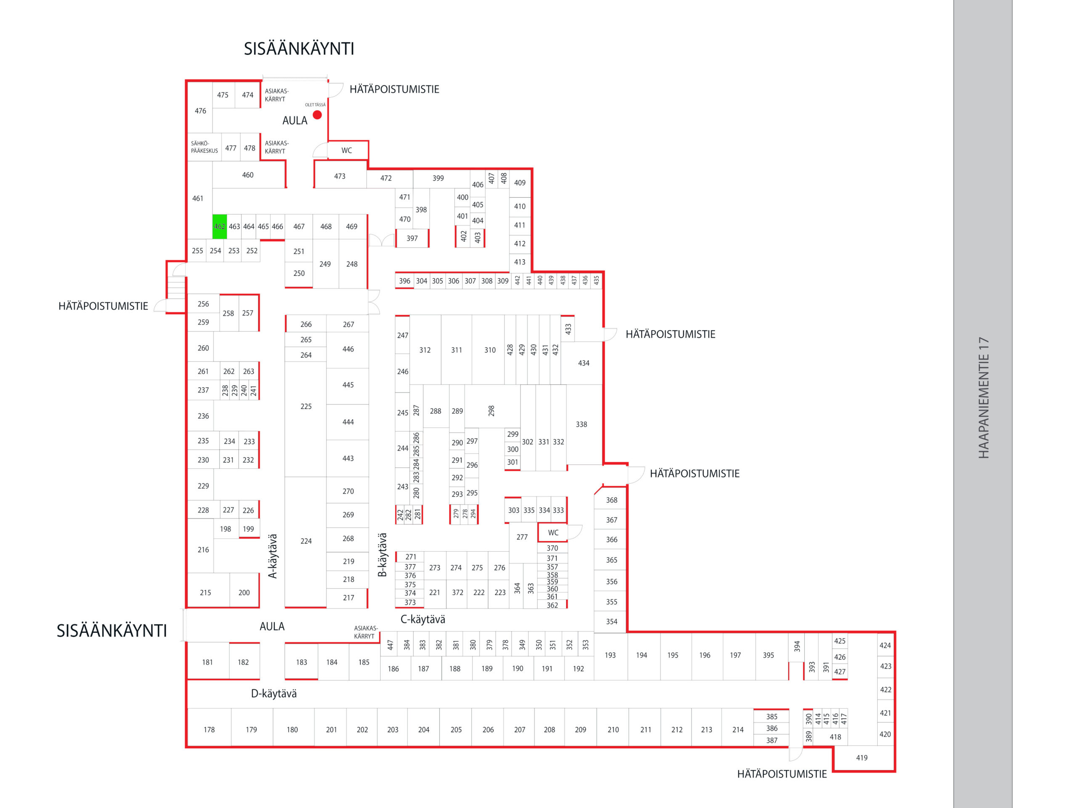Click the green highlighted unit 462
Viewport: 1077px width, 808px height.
coord(220,226)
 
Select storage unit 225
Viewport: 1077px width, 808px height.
coord(306,406)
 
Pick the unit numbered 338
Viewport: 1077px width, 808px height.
coord(581,424)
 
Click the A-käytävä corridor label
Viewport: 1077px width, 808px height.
coord(273,556)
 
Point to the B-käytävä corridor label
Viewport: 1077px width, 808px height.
coord(383,555)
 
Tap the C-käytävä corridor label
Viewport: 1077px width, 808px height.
coord(423,619)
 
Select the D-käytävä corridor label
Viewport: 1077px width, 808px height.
coord(273,694)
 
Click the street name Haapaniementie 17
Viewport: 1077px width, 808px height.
coord(984,397)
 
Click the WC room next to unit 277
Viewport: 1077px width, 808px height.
coord(553,533)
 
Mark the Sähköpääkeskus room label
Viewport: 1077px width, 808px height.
coord(204,147)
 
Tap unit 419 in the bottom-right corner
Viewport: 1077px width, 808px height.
coord(862,758)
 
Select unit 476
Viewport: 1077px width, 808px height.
coord(200,111)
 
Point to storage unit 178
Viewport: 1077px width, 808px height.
coord(209,730)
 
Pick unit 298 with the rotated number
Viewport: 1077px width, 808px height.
coord(491,411)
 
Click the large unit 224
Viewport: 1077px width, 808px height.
coord(306,541)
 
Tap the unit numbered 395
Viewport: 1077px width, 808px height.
coord(768,656)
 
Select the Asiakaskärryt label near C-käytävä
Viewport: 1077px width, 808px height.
coord(365,632)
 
